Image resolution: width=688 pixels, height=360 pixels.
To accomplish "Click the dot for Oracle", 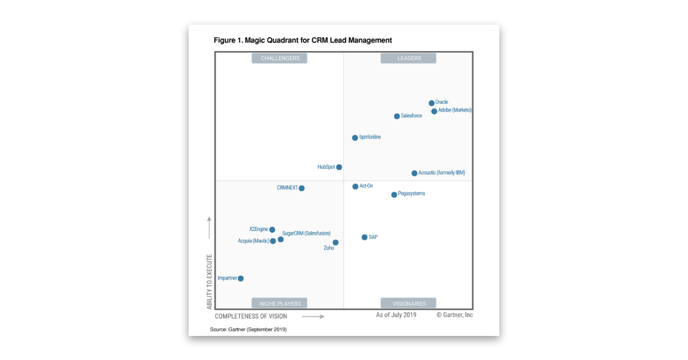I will (432, 103).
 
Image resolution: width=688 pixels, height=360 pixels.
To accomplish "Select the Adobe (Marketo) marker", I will (434, 111).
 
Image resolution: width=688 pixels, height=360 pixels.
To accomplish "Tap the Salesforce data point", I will (397, 116).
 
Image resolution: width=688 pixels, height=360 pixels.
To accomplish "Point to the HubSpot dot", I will (339, 167).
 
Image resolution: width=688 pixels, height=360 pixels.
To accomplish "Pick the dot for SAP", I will (365, 237).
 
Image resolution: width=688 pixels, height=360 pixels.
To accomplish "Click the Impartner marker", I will (241, 279).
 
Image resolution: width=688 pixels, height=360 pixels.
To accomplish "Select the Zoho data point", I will (335, 242).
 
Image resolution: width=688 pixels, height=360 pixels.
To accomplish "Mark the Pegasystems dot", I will (394, 195).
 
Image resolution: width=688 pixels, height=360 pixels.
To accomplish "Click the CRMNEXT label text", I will (287, 188).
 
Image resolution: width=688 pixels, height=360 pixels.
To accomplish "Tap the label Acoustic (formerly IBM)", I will (441, 173).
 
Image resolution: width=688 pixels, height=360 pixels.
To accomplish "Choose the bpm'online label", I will (370, 138).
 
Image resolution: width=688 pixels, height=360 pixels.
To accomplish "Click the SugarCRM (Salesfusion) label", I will (306, 233).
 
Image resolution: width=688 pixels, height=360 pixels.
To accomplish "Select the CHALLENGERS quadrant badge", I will (280, 58).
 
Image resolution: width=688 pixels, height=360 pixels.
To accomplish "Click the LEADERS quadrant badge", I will (409, 58).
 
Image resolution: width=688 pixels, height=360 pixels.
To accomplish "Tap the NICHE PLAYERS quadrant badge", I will (280, 303).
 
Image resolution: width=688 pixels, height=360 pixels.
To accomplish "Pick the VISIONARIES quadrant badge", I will (409, 303).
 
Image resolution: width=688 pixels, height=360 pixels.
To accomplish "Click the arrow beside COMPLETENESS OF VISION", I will (313, 316).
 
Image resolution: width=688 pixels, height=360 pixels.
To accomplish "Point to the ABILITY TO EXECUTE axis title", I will (209, 282).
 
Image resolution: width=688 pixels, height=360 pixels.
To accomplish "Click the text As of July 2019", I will (396, 315).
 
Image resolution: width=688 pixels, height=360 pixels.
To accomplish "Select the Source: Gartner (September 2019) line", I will (248, 330).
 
